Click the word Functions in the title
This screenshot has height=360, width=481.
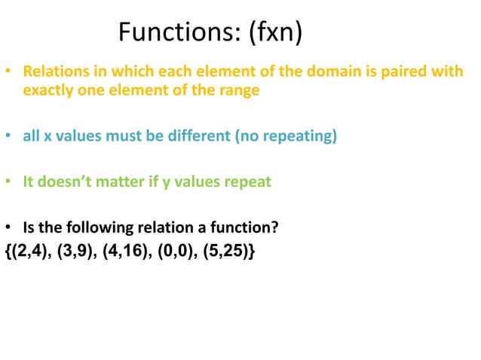point(174,32)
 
